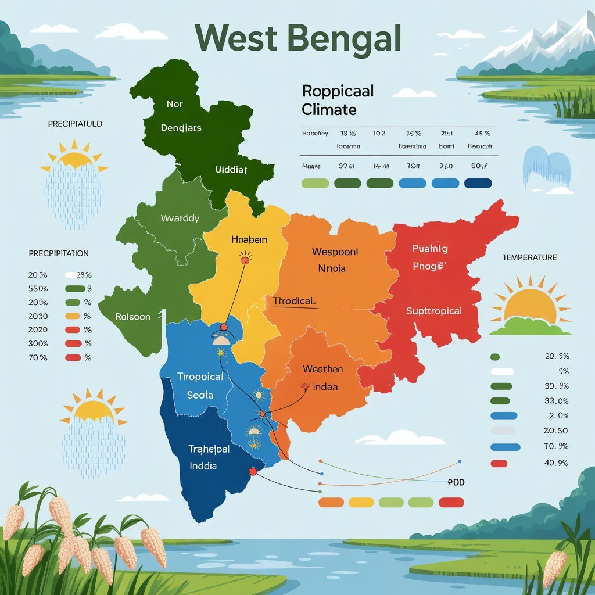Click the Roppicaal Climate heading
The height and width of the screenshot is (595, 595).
pos(337,100)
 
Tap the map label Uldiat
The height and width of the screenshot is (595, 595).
pos(231,170)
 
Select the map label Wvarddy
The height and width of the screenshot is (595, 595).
pos(180,218)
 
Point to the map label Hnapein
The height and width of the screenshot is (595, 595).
pos(249,239)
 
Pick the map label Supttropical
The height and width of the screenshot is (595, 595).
pos(434,311)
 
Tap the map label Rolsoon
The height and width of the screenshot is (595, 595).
pos(132,317)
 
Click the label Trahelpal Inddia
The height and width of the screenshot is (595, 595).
pos(209,457)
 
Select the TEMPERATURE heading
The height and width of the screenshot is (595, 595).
pos(529,257)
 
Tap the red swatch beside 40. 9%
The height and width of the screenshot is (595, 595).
pos(499,463)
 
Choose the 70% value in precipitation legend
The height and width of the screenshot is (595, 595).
pos(38,358)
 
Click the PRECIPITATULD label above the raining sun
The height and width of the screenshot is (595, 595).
pos(76,124)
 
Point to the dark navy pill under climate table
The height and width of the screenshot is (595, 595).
pos(478,184)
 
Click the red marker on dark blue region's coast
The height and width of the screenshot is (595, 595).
pos(253,472)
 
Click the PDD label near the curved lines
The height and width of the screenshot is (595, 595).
pos(457,482)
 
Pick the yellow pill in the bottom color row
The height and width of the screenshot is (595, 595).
pos(361,502)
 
